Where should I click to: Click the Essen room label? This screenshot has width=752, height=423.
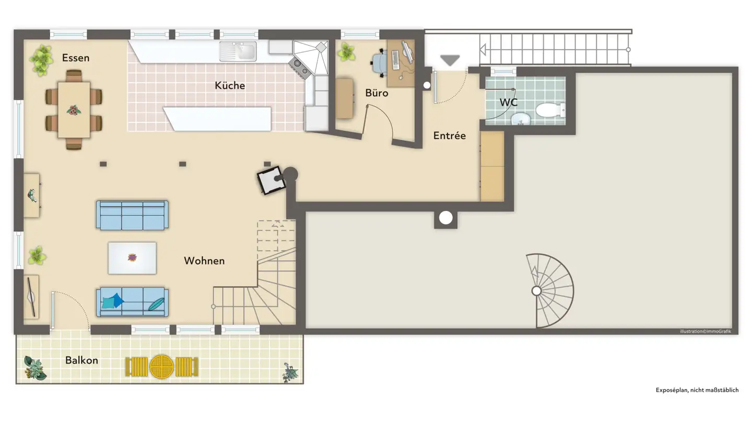click(76, 58)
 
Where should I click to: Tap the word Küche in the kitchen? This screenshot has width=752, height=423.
click(230, 85)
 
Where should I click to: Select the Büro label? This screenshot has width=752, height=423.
click(377, 93)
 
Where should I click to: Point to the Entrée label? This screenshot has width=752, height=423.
click(449, 136)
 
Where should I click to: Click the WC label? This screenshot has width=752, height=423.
click(508, 102)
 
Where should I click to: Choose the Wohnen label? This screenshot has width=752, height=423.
click(204, 261)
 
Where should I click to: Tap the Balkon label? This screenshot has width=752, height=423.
click(81, 360)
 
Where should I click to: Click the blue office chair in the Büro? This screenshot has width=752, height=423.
click(380, 63)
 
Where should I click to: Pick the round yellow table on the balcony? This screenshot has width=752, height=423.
click(161, 367)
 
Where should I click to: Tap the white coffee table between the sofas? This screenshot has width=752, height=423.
click(132, 258)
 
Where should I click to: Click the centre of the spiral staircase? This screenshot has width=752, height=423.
click(536, 291)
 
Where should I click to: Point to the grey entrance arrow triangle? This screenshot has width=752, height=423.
click(449, 61)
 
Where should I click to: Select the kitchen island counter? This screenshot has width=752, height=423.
click(218, 119)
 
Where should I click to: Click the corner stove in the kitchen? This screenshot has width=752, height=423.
click(299, 65)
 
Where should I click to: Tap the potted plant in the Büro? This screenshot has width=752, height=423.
click(346, 52)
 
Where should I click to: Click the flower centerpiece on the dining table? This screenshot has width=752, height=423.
click(74, 110)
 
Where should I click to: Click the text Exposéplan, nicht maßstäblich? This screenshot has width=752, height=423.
click(697, 390)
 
